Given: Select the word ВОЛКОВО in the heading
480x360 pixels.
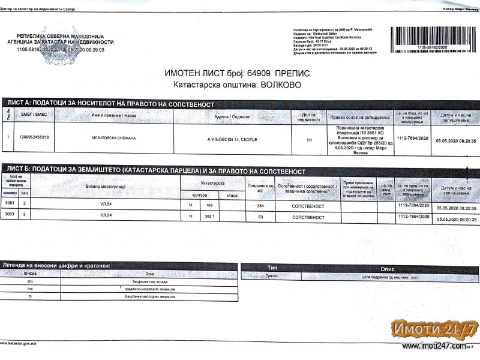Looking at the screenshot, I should pos(277,85).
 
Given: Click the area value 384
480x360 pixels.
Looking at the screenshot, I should pos(260,206).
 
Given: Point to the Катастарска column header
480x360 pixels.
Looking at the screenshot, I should pos(212,182).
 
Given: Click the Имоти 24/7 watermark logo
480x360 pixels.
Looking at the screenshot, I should pos(434,328).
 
